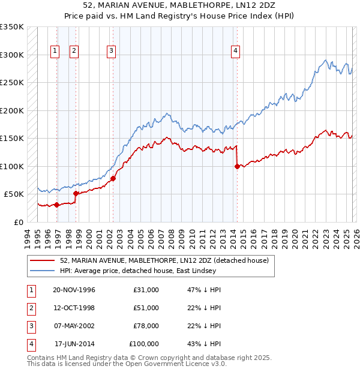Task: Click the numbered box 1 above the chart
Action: [x=55, y=52]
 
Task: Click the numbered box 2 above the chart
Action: [x=74, y=52]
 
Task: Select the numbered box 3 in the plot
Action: [x=112, y=52]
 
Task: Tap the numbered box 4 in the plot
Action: [x=236, y=52]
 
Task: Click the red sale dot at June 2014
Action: [x=237, y=167]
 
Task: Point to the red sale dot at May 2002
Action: [x=113, y=178]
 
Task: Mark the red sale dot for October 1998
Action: [x=76, y=193]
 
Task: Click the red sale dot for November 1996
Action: [x=56, y=205]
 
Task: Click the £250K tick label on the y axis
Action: [x=12, y=83]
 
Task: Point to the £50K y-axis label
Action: [x=14, y=194]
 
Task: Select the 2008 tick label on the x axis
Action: [x=171, y=238]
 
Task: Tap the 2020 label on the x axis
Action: [x=294, y=238]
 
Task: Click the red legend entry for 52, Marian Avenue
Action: [x=167, y=260]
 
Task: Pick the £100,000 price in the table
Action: [x=144, y=344]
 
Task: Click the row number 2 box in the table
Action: [x=30, y=308]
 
